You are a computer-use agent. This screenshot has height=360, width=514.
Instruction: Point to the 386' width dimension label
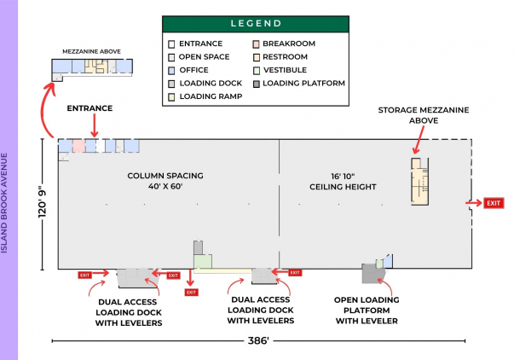(259, 340)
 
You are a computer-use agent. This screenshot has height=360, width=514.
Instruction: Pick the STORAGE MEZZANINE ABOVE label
(424, 114)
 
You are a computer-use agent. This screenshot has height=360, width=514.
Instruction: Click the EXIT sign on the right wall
(494, 203)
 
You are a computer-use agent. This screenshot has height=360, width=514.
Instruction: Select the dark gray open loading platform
(370, 273)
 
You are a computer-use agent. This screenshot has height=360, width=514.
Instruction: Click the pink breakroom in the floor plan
(78, 146)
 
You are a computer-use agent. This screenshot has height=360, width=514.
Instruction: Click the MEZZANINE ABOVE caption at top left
(92, 51)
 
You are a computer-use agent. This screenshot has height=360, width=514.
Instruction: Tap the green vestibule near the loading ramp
(202, 262)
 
